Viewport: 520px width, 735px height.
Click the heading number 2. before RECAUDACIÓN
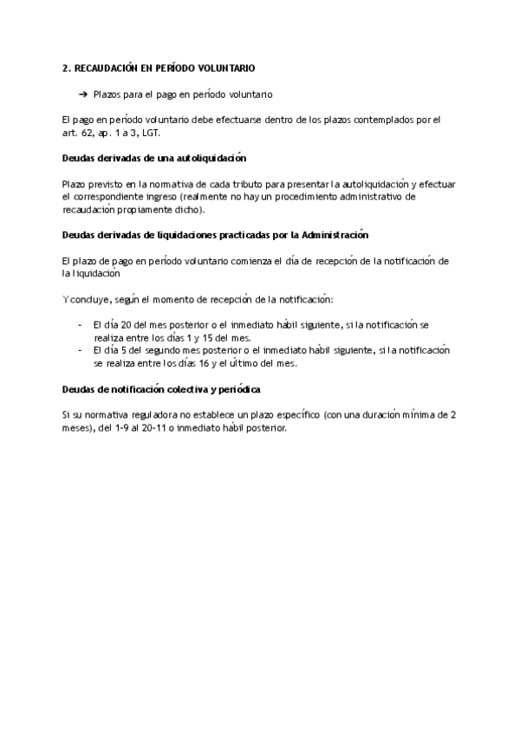[67, 68]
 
